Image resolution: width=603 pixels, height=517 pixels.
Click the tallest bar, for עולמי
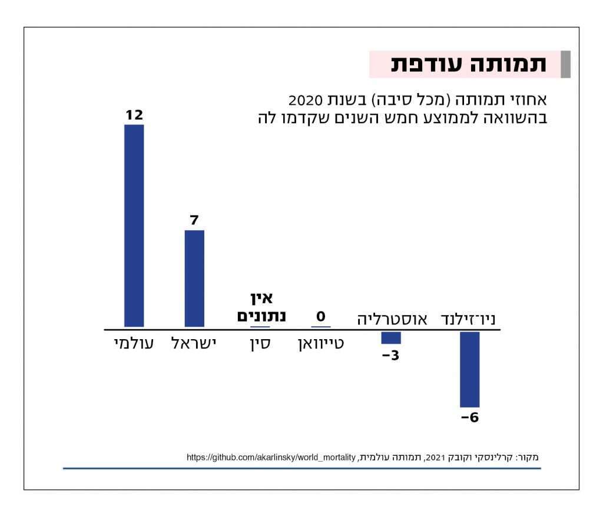click(x=134, y=226)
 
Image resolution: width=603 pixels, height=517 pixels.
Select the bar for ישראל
click(x=194, y=279)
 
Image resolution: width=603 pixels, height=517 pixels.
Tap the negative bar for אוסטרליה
click(x=391, y=337)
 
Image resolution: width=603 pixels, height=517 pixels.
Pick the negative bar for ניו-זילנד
click(x=469, y=369)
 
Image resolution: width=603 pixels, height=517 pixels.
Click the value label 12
click(x=134, y=115)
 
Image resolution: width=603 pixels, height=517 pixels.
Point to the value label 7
click(x=194, y=221)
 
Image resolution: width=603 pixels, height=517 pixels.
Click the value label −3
click(x=390, y=356)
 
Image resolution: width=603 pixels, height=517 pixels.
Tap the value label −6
click(x=469, y=419)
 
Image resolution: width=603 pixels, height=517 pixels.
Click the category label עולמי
click(x=134, y=344)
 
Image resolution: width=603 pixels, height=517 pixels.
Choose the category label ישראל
click(x=194, y=344)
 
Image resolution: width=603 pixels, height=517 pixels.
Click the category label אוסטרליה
click(x=391, y=320)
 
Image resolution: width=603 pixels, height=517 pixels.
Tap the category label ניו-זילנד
click(x=469, y=320)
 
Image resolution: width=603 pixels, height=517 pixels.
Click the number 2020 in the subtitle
click(x=305, y=99)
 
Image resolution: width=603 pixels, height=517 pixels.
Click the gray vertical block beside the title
click(x=566, y=65)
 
